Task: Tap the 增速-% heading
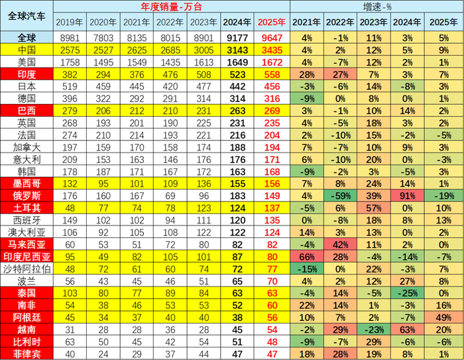[x=375, y=7]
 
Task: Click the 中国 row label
[x=26, y=50]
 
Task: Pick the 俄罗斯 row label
[x=26, y=196]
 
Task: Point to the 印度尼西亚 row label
[x=26, y=257]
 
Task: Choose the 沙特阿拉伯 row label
[x=26, y=269]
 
